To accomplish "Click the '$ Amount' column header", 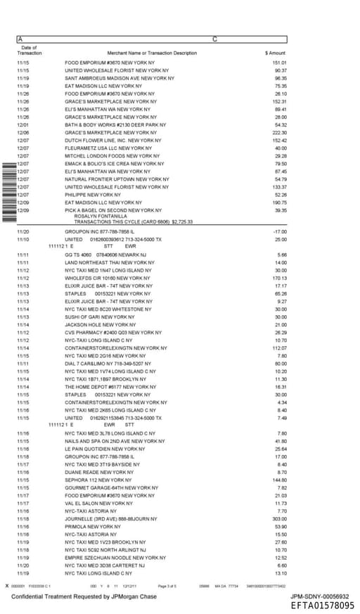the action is (x=275, y=53).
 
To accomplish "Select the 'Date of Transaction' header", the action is (x=29, y=51).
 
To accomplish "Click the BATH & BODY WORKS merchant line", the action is (x=115, y=124).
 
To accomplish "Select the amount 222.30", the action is (x=279, y=132).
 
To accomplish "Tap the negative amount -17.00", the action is (x=280, y=231).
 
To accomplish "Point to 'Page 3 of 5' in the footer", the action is (x=167, y=585).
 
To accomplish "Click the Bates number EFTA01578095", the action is (x=323, y=606).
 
